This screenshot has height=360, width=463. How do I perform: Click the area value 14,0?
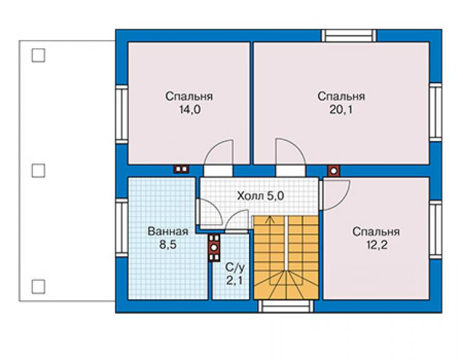pyautogui.click(x=190, y=110)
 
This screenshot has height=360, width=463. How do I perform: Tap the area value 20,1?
pyautogui.click(x=341, y=110)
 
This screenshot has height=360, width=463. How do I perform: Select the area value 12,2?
pyautogui.click(x=377, y=245)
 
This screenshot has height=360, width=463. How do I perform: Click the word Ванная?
pyautogui.click(x=168, y=231)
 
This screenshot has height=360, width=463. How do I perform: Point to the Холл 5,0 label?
pyautogui.click(x=261, y=196)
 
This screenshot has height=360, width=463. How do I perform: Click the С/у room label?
pyautogui.click(x=235, y=267)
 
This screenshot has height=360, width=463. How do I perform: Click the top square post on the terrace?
pyautogui.click(x=38, y=55)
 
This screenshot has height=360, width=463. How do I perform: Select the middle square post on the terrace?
pyautogui.click(x=38, y=171)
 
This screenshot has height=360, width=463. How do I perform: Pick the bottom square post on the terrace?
pyautogui.click(x=38, y=287)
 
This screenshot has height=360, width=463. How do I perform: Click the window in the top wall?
pyautogui.click(x=349, y=36)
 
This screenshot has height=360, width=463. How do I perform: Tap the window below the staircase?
pyautogui.click(x=286, y=306)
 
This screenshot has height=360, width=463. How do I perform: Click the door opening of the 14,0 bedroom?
pyautogui.click(x=218, y=171)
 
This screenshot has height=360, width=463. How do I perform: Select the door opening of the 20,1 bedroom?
pyautogui.click(x=290, y=171)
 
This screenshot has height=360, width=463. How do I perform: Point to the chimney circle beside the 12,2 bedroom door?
pyautogui.click(x=333, y=171)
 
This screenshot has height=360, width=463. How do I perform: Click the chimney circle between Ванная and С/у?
pyautogui.click(x=214, y=248)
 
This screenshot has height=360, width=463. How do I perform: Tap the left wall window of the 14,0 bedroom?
pyautogui.click(x=121, y=115)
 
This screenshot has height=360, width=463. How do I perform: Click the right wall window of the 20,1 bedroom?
pyautogui.click(x=435, y=113)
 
